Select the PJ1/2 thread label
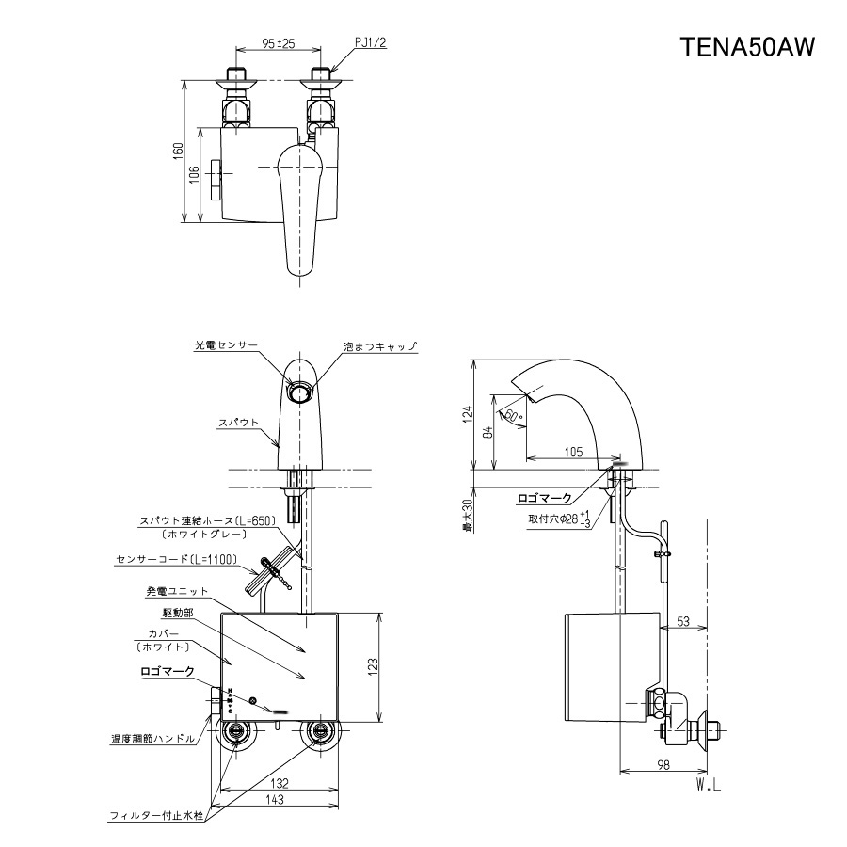(372, 43)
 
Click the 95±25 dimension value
(278, 43)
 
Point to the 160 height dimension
(179, 152)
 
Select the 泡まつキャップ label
(380, 346)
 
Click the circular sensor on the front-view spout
(301, 392)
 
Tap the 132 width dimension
(276, 782)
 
